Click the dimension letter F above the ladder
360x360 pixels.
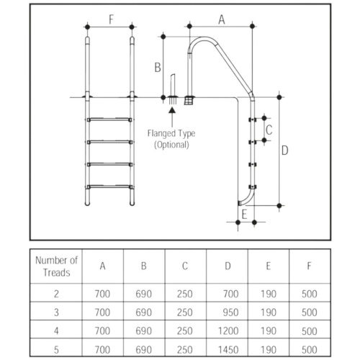click(111, 19)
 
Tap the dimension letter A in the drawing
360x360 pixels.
click(222, 19)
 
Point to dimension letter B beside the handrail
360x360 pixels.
click(158, 68)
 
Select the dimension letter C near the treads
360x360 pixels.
click(269, 130)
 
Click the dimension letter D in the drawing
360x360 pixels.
click(284, 150)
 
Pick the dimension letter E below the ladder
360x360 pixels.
click(244, 215)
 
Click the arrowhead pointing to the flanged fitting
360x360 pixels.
click(172, 110)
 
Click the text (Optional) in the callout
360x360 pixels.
click(171, 145)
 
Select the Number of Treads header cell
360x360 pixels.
click(56, 266)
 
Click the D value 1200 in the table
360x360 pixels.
click(228, 331)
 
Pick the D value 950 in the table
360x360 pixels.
click(230, 312)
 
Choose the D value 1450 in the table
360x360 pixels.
click(228, 350)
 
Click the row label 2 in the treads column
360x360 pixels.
click(56, 294)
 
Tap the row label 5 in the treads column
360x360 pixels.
click(56, 350)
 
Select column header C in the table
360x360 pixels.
click(185, 266)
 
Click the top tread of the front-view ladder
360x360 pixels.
click(109, 120)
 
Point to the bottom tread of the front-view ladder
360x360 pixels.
click(109, 186)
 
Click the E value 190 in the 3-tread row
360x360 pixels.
click(269, 312)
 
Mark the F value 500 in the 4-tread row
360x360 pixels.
click(310, 331)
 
